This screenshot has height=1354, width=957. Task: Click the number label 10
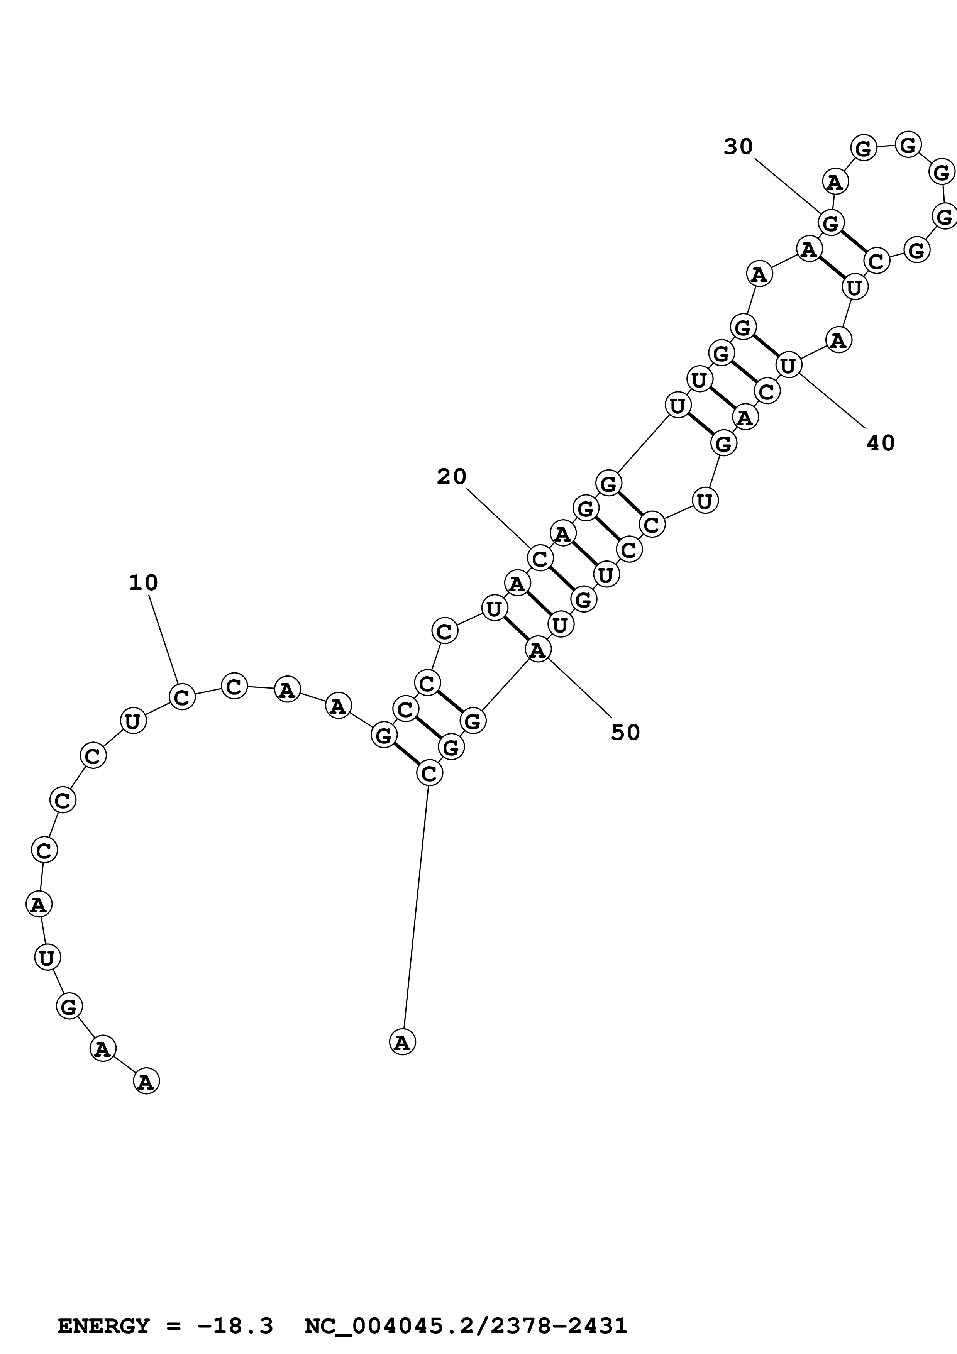coord(143,583)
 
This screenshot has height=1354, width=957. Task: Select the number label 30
coord(738,147)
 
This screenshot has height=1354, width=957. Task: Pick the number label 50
coord(625,733)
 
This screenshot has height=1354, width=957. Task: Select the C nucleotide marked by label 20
coord(540,558)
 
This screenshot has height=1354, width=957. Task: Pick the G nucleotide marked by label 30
coord(831,223)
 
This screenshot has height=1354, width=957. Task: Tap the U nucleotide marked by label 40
coord(788,366)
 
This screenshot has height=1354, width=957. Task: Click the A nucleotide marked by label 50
coord(537,650)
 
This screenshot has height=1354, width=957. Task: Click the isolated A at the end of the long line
coord(402,1042)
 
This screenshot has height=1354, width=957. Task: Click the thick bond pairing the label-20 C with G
coord(561,579)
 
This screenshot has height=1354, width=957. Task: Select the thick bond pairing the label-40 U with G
coord(766,346)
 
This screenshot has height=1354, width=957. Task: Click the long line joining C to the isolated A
coord(416,908)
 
